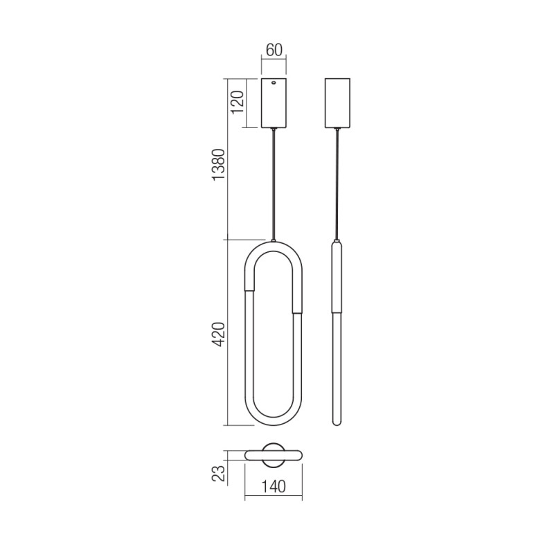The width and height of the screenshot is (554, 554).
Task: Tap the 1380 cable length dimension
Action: click(218, 166)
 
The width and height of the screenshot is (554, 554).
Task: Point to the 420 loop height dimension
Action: click(218, 334)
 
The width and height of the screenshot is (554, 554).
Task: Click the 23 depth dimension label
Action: click(220, 473)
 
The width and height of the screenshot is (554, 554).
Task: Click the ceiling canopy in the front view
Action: click(275, 104)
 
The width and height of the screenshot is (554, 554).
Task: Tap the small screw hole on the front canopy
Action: click(275, 84)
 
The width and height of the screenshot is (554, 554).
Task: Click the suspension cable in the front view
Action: click(275, 184)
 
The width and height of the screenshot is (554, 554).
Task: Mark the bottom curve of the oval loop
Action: click(275, 420)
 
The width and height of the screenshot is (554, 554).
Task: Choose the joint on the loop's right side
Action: click(299, 312)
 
